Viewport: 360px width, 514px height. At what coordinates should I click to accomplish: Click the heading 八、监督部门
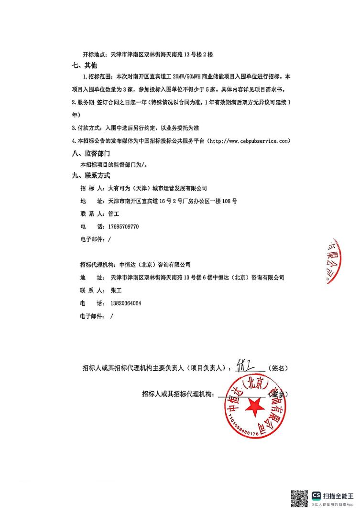(90, 153)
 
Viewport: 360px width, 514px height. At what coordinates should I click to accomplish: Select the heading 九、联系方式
(90, 176)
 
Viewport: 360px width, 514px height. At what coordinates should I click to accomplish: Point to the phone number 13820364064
(126, 303)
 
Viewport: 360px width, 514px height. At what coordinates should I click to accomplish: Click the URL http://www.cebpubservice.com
(249, 141)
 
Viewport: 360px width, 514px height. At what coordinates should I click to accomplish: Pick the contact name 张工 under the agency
(117, 290)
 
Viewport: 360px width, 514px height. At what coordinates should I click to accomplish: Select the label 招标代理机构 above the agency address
(97, 264)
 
